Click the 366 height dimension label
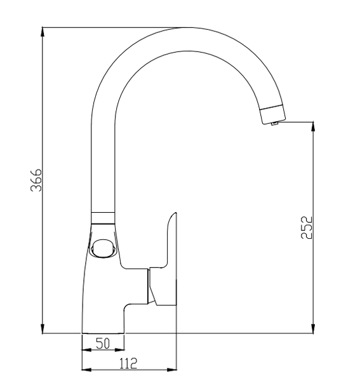click(x=36, y=180)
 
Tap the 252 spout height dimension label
click(x=307, y=227)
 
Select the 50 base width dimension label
click(x=103, y=344)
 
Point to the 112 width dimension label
click(x=128, y=363)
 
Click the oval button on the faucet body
click(x=102, y=248)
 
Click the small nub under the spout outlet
click(x=274, y=123)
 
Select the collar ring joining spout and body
click(x=103, y=218)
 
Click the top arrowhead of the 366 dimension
click(x=43, y=32)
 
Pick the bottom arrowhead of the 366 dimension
click(x=43, y=328)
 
